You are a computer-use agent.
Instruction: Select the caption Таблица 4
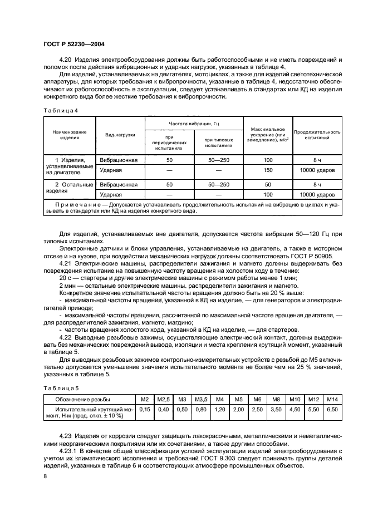[x=61, y=110]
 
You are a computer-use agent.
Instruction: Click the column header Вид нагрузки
[x=120, y=135]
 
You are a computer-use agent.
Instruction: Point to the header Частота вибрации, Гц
[x=194, y=122]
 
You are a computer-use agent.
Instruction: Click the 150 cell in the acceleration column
[x=268, y=170]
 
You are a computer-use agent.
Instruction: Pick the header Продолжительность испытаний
[x=317, y=135]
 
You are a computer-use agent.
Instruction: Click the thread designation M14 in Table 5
[x=332, y=399]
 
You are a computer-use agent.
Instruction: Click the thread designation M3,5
[x=200, y=399]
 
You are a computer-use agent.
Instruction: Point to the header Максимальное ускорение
[x=268, y=135]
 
